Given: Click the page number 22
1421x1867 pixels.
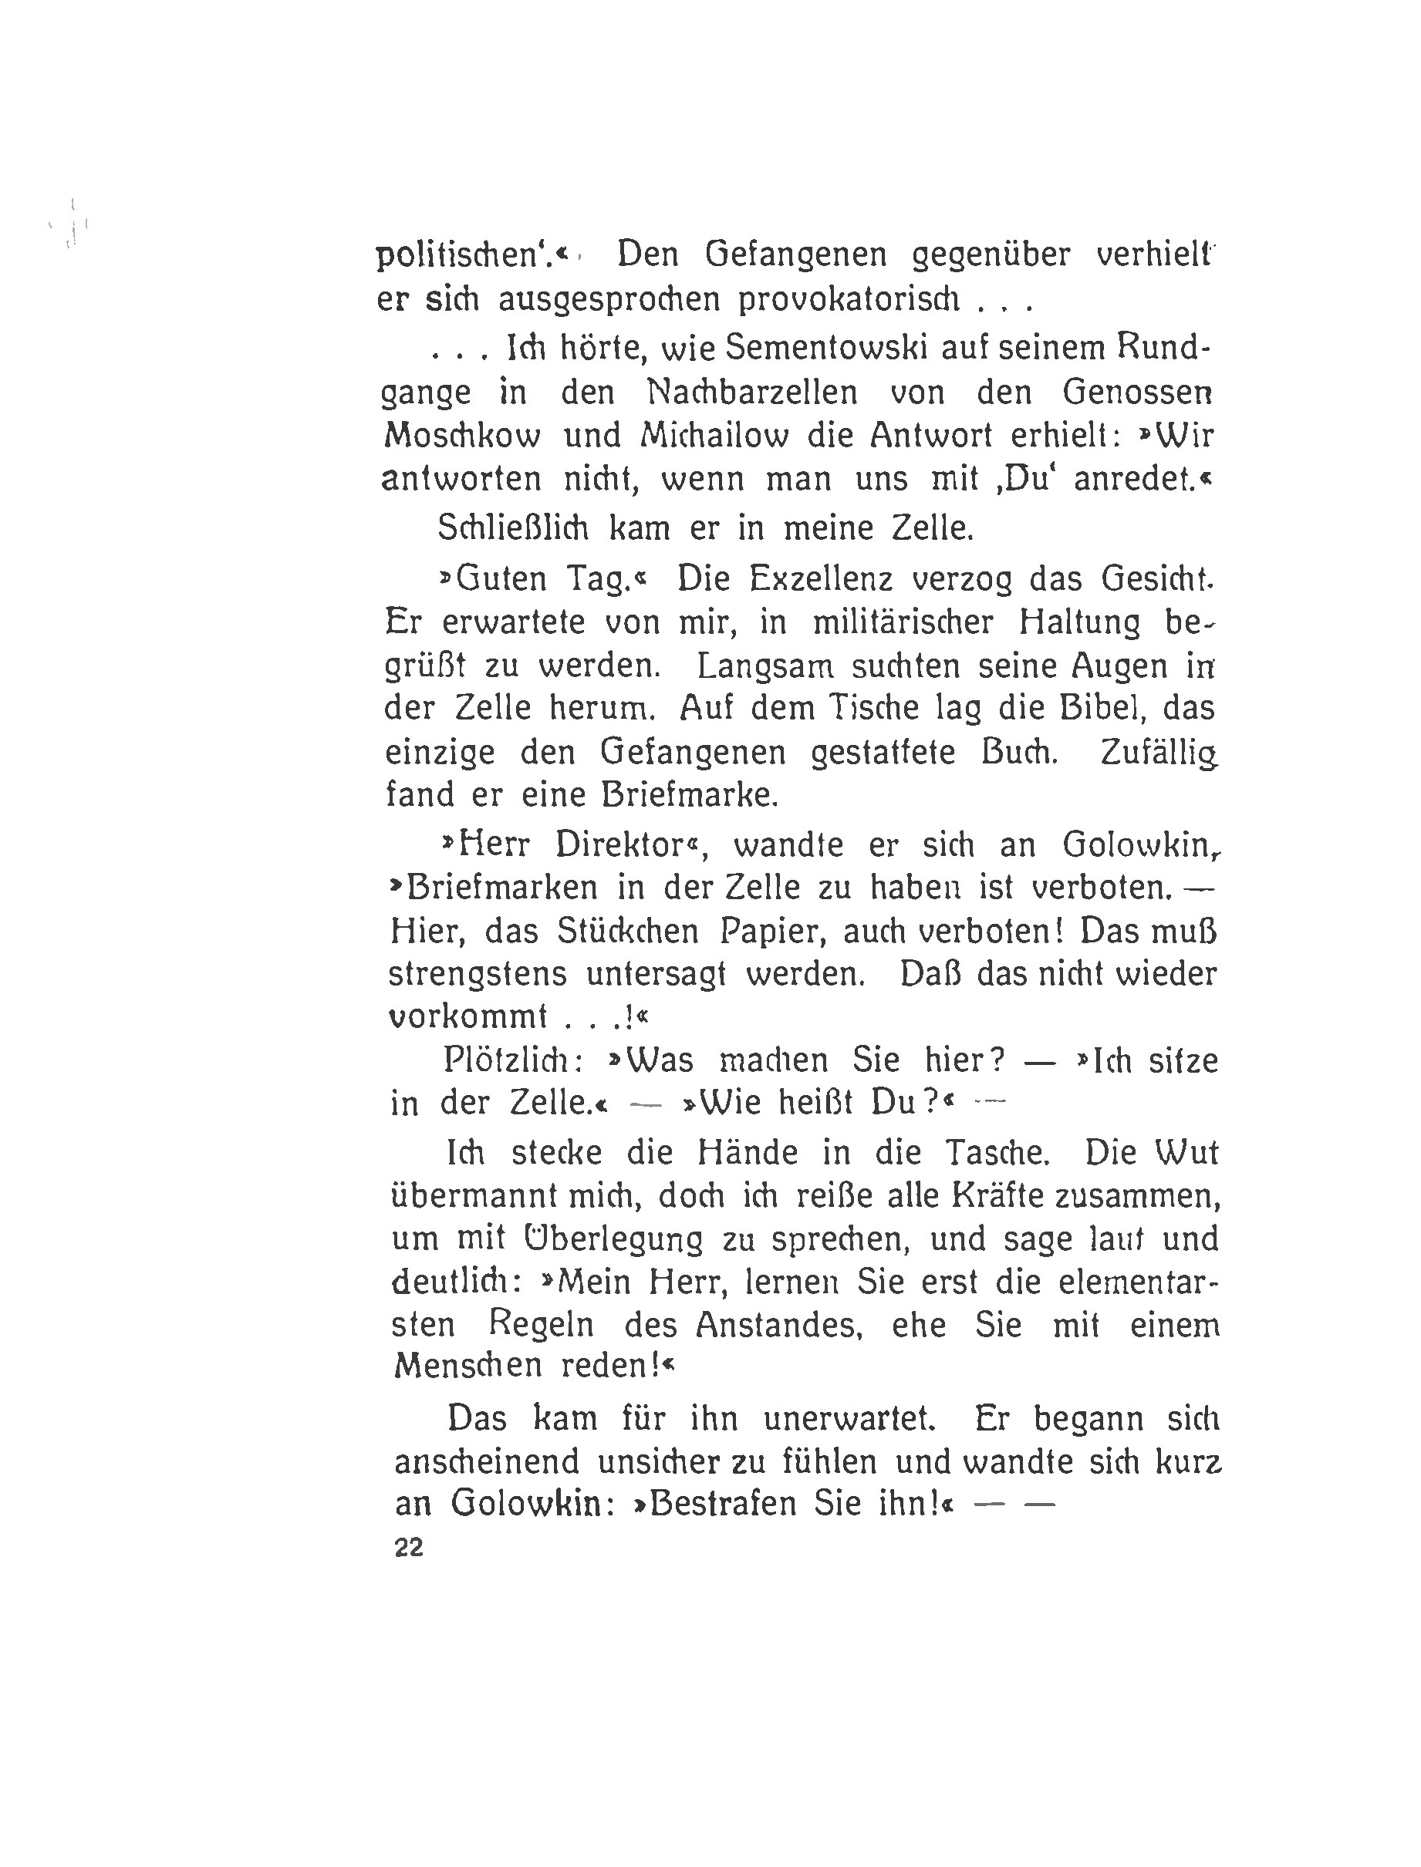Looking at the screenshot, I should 409,1549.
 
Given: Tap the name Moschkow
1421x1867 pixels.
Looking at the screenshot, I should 462,436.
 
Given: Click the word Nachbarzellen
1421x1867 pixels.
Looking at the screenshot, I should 752,393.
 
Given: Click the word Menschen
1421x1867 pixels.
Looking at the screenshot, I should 467,1367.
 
